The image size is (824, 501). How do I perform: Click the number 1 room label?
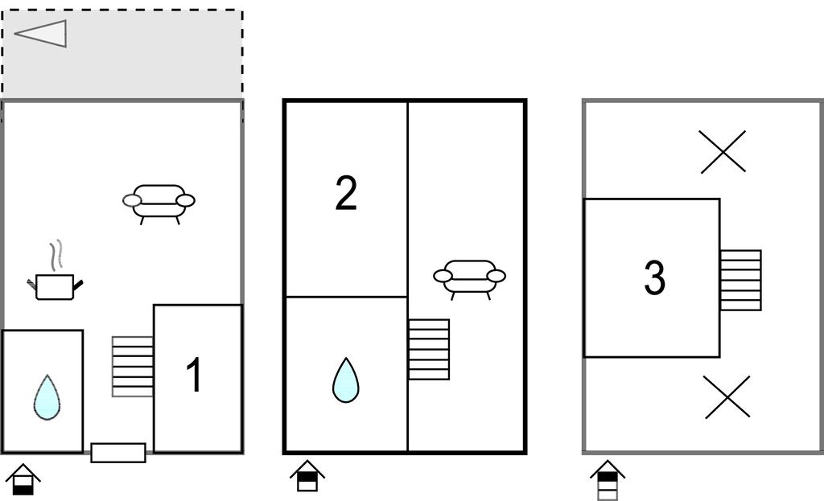click(194, 375)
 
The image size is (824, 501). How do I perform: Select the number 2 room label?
click(346, 193)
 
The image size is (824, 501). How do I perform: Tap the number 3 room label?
click(654, 277)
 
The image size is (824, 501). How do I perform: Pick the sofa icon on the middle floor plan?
click(469, 279)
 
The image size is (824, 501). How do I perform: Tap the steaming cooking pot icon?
click(56, 271)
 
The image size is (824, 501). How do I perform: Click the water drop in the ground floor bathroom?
click(47, 397)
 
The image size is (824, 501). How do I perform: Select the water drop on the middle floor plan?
click(346, 380)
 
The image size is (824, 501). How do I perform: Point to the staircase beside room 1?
click(133, 367)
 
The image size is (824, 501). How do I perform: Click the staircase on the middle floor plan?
click(429, 349)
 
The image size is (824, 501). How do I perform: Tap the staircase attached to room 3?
click(740, 280)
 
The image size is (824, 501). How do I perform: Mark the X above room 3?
click(723, 152)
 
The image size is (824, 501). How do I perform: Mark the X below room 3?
click(727, 397)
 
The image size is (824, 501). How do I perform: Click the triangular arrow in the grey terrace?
click(40, 34)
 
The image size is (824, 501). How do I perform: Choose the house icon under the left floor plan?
click(23, 479)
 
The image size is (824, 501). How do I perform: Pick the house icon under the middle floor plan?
click(307, 476)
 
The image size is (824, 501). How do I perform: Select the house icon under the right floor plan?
click(608, 480)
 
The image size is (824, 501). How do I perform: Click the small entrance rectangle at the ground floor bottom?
click(118, 453)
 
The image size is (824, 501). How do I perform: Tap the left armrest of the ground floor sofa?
click(132, 200)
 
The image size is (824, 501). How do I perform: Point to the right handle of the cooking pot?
click(78, 285)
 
